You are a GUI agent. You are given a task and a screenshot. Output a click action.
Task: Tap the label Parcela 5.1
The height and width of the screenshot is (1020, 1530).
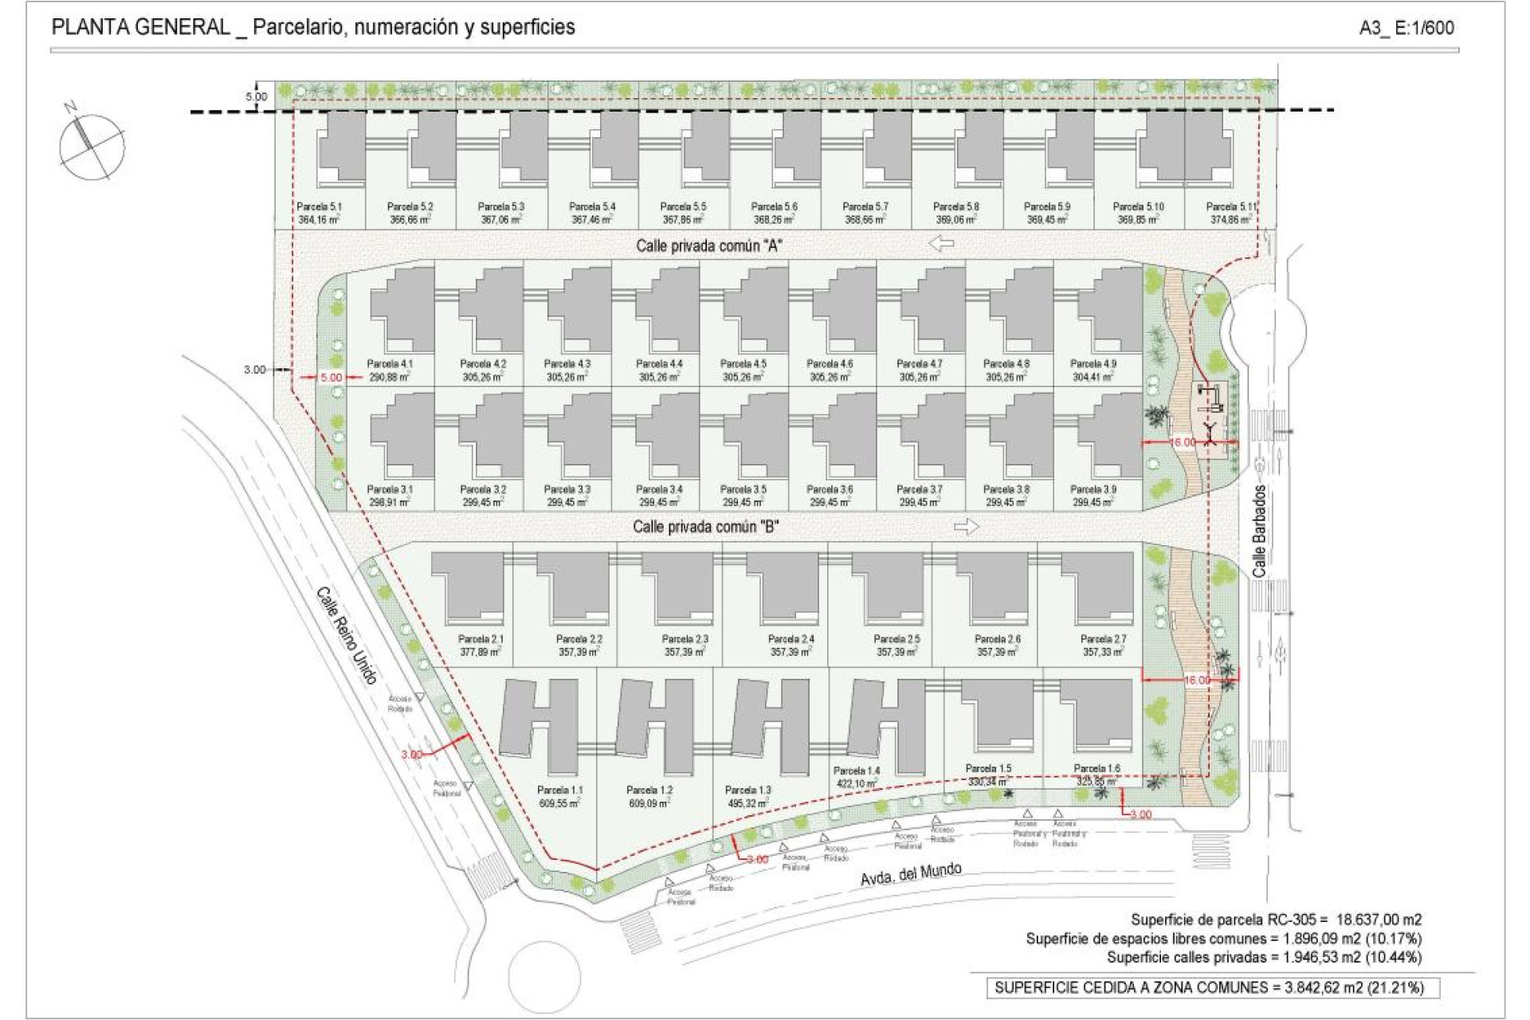[x=320, y=206]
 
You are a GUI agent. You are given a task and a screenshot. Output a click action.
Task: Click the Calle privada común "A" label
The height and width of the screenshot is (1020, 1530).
[x=708, y=246]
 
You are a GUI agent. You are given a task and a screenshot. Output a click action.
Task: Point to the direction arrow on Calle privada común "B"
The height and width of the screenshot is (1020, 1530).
[x=966, y=527]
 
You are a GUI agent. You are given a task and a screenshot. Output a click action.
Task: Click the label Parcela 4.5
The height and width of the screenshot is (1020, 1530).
[x=743, y=364]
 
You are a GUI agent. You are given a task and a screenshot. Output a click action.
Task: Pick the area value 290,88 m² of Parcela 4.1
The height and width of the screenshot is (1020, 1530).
[x=390, y=377]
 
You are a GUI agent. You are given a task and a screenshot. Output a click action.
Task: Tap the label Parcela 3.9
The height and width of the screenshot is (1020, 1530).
[x=1093, y=489]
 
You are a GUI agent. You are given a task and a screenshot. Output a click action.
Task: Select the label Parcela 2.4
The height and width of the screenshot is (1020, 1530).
[x=790, y=639]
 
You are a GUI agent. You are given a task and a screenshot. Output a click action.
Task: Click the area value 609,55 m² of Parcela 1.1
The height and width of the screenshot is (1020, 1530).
[x=560, y=803]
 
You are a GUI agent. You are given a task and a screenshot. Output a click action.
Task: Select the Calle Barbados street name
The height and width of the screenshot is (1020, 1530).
[x=1259, y=531]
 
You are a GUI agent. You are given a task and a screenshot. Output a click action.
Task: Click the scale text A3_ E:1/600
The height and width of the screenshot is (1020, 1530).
[x=1406, y=28]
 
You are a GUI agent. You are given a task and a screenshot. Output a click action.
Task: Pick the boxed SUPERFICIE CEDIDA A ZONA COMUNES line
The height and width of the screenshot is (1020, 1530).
[x=1208, y=988]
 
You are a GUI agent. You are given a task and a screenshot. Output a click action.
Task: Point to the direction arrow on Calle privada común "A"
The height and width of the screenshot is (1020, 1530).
[x=941, y=243]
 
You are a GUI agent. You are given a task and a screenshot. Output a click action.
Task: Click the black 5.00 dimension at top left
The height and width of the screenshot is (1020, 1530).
[x=257, y=96]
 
